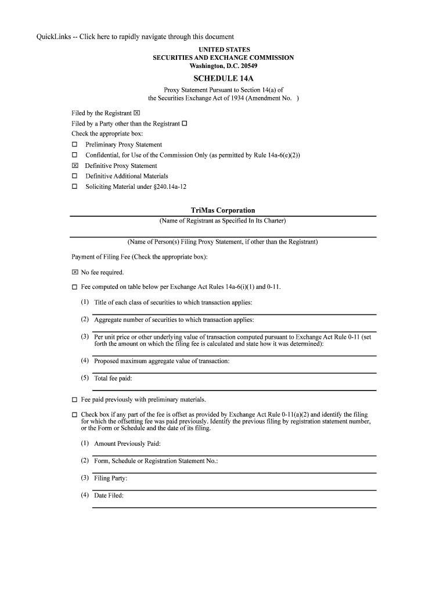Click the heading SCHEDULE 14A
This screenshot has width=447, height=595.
point(223,78)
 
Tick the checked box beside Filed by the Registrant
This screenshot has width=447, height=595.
point(137,113)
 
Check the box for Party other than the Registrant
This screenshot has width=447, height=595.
point(185,124)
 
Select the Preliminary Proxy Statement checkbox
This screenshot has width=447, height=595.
point(74,145)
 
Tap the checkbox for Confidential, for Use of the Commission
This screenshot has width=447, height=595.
point(74,155)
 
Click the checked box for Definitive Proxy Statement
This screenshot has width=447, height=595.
point(74,166)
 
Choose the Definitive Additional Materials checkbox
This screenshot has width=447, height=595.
point(74,176)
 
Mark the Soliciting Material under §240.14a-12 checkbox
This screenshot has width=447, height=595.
point(74,187)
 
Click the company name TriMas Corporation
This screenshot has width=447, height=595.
point(223,210)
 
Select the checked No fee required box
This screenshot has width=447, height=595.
point(74,272)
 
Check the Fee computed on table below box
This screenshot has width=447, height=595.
point(74,287)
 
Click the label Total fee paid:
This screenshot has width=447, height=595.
point(113,378)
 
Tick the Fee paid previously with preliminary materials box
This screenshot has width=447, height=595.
point(74,400)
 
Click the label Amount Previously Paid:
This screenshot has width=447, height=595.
point(127,444)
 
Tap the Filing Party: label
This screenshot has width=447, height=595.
point(110,478)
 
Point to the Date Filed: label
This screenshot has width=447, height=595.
point(109,496)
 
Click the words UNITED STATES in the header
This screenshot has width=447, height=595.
point(223,50)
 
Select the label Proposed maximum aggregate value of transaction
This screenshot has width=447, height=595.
point(161,361)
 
